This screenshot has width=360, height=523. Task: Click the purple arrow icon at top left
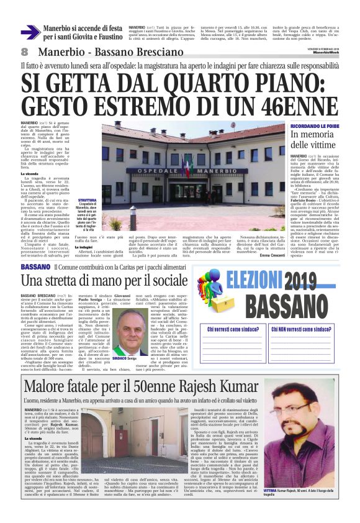point(30,32)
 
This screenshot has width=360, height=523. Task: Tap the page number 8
point(24,50)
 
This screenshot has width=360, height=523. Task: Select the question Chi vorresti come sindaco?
point(241,329)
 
